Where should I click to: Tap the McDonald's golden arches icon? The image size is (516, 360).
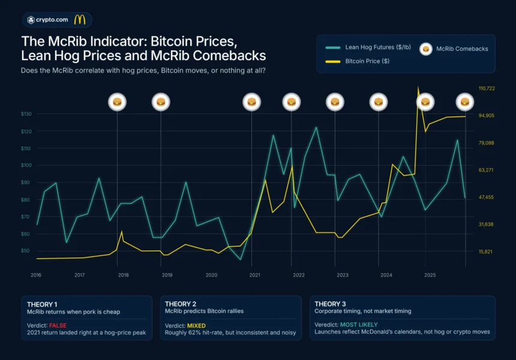[79, 20]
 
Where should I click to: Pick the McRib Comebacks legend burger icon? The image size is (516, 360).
[425, 49]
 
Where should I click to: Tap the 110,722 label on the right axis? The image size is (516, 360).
[486, 89]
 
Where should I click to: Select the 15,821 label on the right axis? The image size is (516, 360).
[485, 251]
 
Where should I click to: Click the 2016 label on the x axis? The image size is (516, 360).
[36, 275]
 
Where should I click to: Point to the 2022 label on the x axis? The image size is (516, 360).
[298, 275]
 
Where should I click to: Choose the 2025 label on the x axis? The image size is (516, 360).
[430, 275]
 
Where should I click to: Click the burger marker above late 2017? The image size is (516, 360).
[117, 102]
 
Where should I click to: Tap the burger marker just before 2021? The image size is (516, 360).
[251, 102]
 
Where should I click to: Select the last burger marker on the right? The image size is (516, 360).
[465, 102]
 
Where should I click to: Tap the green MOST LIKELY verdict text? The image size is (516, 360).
[358, 324]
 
